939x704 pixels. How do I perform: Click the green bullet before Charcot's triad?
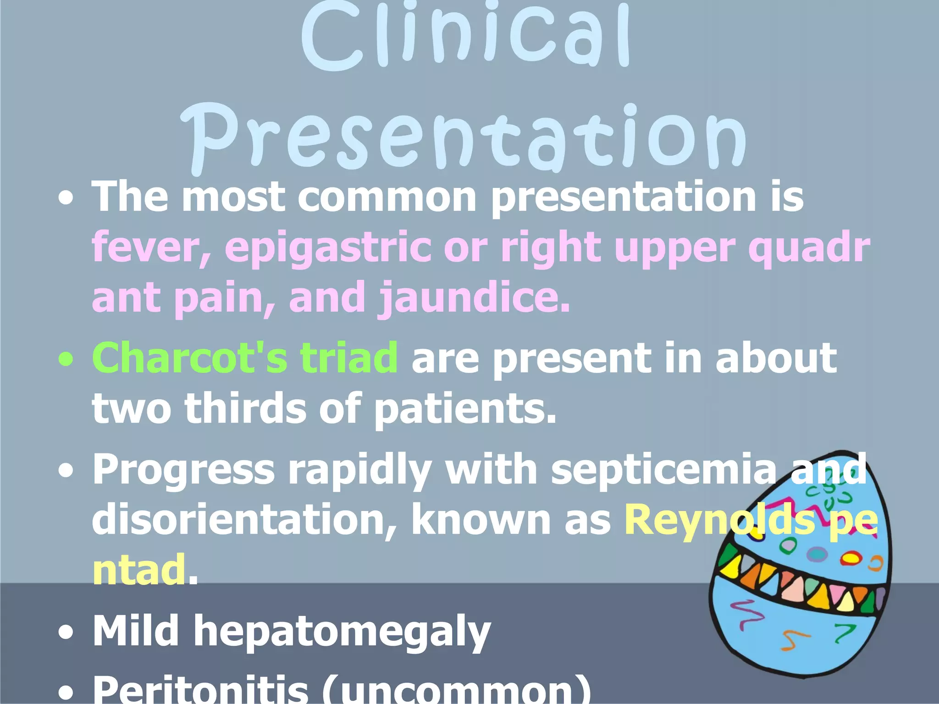66,360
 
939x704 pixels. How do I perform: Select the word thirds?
245,408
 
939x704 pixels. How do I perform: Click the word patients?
465,408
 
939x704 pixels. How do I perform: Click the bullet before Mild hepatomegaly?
66,632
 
